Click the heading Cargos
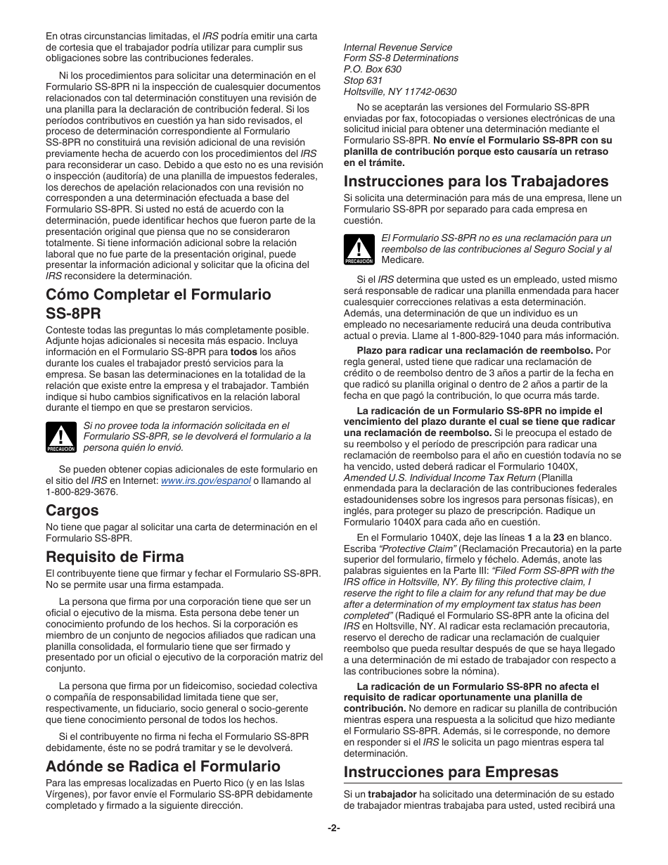[72, 510]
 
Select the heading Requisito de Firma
[115, 556]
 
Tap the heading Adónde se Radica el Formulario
[163, 766]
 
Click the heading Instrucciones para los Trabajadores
[476, 181]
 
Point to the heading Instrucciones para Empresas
[451, 771]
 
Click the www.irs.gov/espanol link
[205, 481]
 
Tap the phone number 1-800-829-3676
[82, 492]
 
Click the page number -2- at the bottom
[334, 828]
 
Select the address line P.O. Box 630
[373, 70]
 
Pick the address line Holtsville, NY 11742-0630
[399, 92]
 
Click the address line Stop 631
[363, 81]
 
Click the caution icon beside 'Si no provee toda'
[60, 437]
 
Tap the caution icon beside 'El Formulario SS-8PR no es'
[359, 250]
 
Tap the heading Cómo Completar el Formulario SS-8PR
[158, 302]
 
